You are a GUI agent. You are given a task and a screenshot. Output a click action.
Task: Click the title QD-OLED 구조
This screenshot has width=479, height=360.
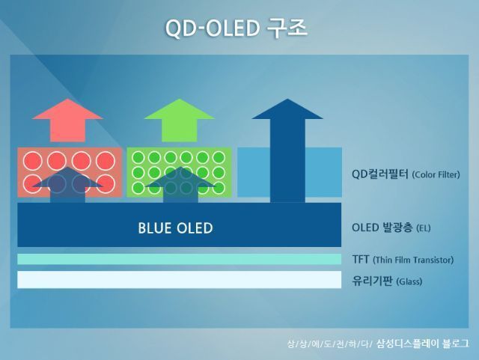tap(236, 28)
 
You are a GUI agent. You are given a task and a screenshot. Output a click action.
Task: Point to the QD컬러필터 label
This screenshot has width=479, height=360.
tap(379, 174)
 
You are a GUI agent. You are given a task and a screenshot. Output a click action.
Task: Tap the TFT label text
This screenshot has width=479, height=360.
tap(361, 259)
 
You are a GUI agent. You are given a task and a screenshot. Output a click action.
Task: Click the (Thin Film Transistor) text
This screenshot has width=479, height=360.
tap(413, 260)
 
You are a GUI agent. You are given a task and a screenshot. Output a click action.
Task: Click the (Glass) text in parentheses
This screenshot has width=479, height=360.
tap(409, 281)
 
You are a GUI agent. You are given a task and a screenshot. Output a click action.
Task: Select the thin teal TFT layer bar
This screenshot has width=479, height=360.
tap(180, 259)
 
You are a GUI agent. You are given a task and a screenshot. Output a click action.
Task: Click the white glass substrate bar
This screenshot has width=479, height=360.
tap(180, 280)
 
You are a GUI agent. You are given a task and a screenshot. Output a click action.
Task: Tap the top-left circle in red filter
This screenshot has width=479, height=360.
tap(33, 160)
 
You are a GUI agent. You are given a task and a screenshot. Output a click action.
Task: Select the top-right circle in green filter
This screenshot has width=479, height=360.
tap(218, 158)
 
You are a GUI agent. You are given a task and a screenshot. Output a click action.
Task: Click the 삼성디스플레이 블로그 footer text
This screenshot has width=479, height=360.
tap(423, 344)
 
